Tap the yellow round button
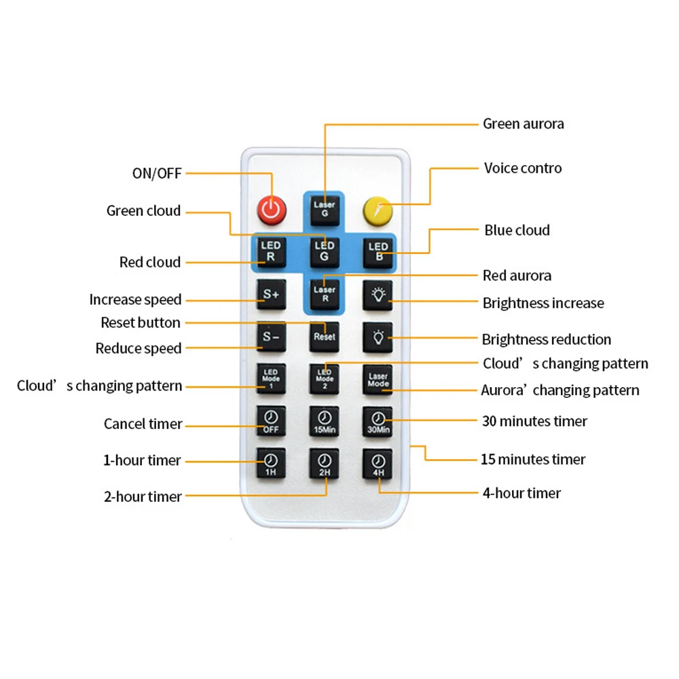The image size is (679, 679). click(378, 210)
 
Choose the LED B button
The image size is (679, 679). click(378, 251)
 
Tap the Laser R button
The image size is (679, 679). click(325, 294)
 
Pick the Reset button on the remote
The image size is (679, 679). click(325, 336)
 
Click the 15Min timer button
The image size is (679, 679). click(325, 421)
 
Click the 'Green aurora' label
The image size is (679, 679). click(523, 124)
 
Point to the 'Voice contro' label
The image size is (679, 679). click(523, 168)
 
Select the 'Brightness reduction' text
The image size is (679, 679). click(546, 339)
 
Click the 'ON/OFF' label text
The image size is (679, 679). click(157, 173)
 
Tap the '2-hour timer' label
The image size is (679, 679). click(143, 496)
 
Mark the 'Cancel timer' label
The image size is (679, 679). click(143, 424)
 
